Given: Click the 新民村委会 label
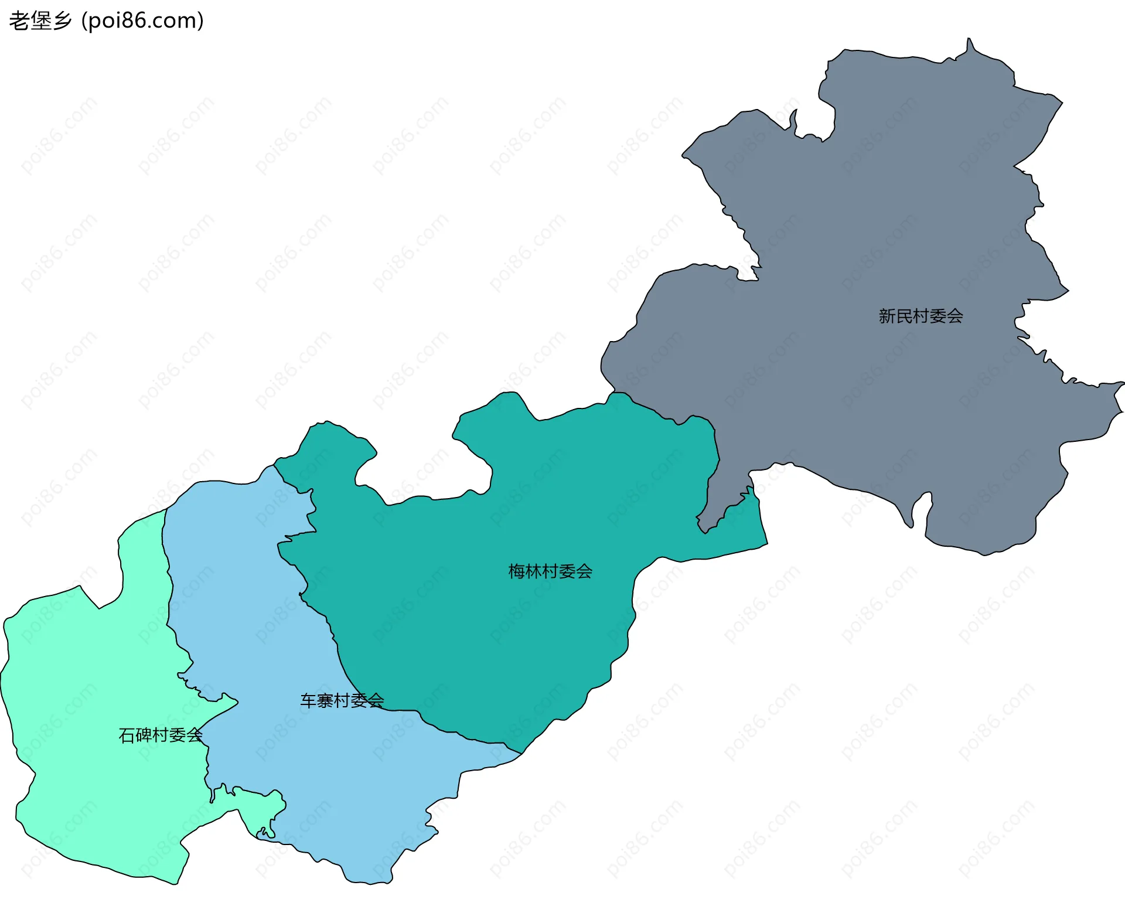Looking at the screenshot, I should (921, 316).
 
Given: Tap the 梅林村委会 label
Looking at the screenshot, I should (550, 571).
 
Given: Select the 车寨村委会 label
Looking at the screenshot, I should (342, 700).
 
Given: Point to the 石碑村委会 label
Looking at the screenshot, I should (161, 735).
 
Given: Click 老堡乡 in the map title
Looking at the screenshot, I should (40, 21).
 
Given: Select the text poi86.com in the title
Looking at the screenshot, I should (142, 21).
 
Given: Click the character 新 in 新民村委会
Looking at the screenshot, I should (887, 316).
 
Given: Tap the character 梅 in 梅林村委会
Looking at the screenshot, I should (517, 571).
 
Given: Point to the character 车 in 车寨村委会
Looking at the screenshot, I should (309, 700).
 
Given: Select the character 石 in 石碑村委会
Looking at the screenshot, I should (127, 735).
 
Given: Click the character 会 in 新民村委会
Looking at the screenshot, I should (954, 316).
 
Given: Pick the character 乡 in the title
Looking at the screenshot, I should (62, 21).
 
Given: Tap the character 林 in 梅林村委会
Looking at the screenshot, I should (533, 571).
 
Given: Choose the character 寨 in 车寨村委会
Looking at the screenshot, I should (325, 700).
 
